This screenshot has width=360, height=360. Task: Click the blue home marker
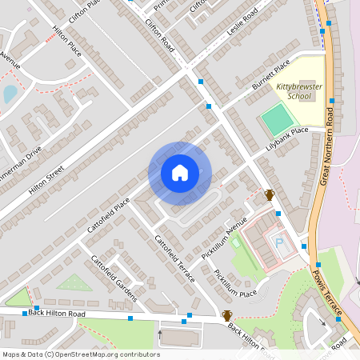click(x=180, y=173)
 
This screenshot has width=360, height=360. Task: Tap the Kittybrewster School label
click(x=293, y=91)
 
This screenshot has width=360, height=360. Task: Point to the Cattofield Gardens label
click(x=114, y=278)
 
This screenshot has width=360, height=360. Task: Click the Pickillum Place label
click(x=234, y=282)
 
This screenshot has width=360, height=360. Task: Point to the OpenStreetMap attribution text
click(x=80, y=354)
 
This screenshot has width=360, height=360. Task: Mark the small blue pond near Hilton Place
click(x=10, y=94)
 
